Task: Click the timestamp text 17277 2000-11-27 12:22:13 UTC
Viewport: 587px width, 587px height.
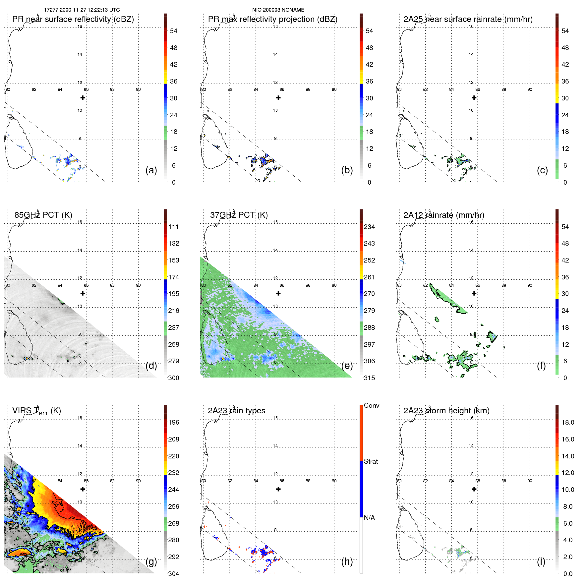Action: point(82,10)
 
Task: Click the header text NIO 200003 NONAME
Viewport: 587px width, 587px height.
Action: point(278,10)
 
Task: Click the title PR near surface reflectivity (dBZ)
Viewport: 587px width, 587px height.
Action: point(73,19)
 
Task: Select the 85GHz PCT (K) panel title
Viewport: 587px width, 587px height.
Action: point(43,215)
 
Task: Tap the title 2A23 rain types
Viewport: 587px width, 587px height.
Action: point(236,411)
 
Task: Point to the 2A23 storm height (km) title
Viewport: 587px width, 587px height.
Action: point(446,411)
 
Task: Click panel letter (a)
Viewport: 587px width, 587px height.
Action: point(151,170)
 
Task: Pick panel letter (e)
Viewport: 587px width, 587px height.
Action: point(347,366)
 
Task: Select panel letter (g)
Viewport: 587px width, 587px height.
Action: point(151,561)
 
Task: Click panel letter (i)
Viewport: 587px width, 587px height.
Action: point(541,561)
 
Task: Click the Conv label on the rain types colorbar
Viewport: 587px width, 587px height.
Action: point(371,405)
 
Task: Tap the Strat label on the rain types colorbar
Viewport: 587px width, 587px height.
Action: point(371,461)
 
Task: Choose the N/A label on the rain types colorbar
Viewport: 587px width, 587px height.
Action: point(370,518)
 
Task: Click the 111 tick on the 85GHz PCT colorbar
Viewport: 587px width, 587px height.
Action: point(174,227)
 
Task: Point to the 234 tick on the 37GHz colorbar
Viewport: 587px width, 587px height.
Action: point(369,227)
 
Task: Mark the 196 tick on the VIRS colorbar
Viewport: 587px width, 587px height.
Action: point(174,423)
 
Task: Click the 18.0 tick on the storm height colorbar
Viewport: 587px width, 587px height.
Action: point(567,423)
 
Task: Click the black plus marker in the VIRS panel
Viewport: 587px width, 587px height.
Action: point(83,489)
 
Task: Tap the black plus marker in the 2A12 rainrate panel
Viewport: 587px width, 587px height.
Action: point(474,293)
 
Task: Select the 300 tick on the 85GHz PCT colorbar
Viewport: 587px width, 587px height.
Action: point(174,378)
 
